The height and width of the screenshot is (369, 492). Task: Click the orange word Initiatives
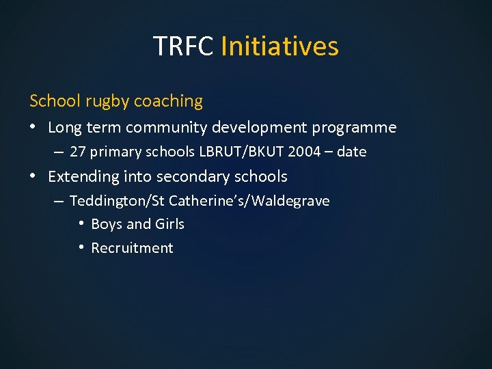[279, 46]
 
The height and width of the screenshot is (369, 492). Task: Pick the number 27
[79, 152]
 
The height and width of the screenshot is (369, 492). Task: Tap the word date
[351, 152]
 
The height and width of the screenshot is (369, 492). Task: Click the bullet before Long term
[34, 128]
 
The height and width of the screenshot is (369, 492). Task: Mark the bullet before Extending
[34, 176]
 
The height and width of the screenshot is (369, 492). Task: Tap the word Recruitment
[132, 248]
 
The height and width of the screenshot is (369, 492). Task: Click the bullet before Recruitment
[81, 247]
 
